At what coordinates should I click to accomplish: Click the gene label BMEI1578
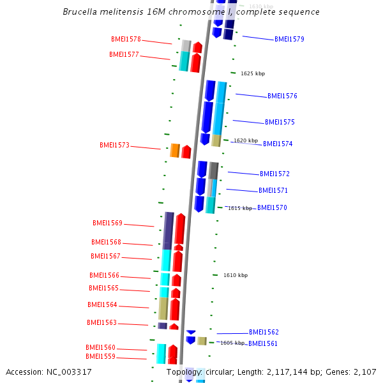click(x=126, y=39)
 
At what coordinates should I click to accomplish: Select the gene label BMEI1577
click(x=124, y=54)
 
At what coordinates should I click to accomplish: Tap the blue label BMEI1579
click(x=289, y=39)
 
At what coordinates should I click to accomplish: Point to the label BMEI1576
click(x=282, y=96)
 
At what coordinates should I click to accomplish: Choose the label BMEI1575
click(x=280, y=122)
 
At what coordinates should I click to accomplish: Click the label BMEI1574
click(x=278, y=144)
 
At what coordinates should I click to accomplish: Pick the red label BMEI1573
click(x=114, y=145)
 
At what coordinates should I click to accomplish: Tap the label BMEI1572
click(x=274, y=174)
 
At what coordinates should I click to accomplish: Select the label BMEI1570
click(x=272, y=207)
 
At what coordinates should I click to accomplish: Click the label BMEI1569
click(x=107, y=223)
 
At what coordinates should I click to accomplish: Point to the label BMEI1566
click(x=104, y=275)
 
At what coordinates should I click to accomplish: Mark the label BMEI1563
click(x=101, y=322)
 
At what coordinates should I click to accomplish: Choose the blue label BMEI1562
click(x=264, y=332)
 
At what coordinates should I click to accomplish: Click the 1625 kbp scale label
click(x=253, y=73)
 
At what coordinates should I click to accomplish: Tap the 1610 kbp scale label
click(x=236, y=275)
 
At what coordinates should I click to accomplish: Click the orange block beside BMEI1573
click(x=174, y=151)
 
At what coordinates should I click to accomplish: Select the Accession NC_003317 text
click(x=49, y=372)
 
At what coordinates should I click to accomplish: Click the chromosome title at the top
click(x=191, y=12)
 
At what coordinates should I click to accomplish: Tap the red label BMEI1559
click(x=100, y=356)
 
